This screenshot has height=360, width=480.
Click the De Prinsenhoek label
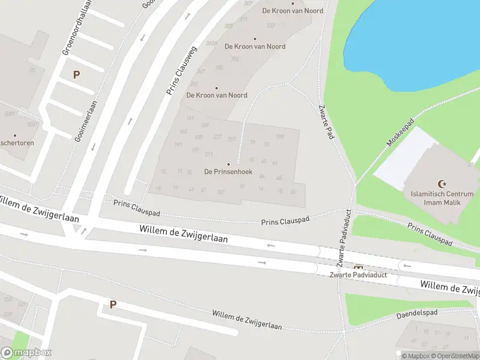point(228,172)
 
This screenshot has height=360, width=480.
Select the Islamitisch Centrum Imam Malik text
point(442,198)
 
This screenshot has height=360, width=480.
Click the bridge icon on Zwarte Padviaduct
point(359,267)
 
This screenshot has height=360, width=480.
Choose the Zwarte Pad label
point(326,122)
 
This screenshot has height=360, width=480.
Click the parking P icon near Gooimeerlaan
point(76,75)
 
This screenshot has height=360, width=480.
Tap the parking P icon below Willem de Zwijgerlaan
point(112,304)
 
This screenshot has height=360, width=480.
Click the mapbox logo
point(26,353)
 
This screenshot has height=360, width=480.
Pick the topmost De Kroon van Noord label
point(293,11)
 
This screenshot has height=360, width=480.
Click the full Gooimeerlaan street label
point(87,120)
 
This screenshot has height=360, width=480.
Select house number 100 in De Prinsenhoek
point(280,137)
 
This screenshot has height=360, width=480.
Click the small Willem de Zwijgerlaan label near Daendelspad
point(247,320)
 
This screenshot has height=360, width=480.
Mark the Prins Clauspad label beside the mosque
point(430,234)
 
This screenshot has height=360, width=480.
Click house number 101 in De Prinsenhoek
point(221,192)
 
